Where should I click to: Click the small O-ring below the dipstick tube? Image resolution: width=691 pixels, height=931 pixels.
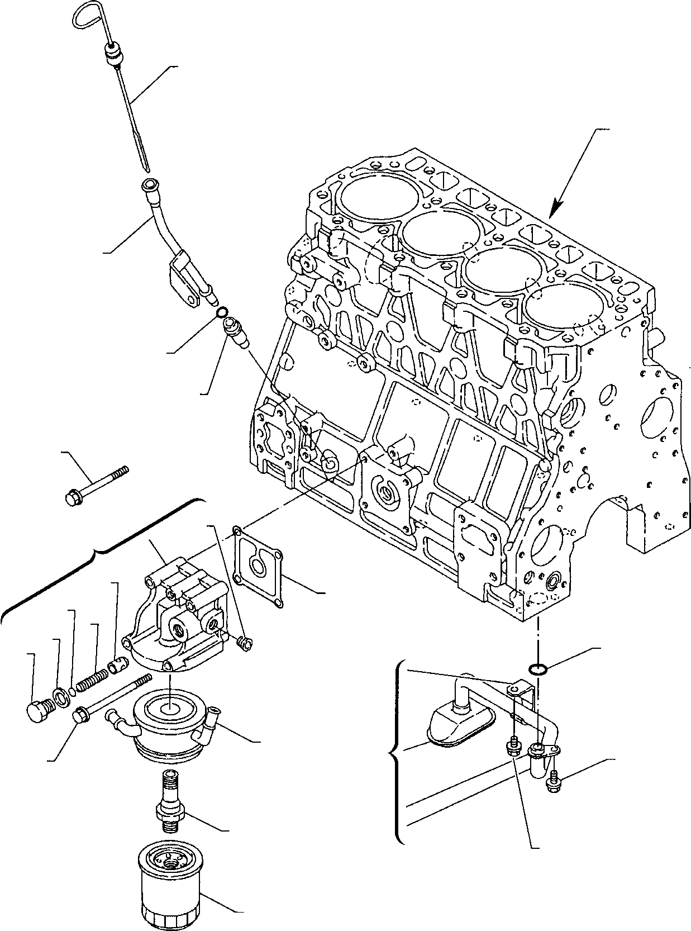point(222,312)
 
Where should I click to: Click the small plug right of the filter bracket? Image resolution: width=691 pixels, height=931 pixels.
point(244,644)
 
